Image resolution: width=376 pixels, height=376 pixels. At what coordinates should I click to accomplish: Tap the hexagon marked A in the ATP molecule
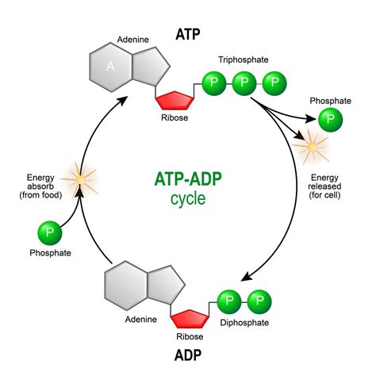113,67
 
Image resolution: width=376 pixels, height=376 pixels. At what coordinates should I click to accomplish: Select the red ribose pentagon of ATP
178,99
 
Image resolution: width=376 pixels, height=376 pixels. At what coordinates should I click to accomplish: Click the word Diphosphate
245,323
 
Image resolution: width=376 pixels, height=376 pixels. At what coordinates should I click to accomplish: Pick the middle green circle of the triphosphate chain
244,82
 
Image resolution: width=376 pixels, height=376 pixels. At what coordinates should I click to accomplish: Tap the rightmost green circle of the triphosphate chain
274,82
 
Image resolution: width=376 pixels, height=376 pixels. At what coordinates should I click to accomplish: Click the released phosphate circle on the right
331,121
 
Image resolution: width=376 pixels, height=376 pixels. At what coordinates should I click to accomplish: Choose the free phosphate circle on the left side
50,234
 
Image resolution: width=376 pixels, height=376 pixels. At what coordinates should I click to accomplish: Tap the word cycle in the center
187,198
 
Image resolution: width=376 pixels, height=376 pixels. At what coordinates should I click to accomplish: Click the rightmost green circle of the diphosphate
259,301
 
